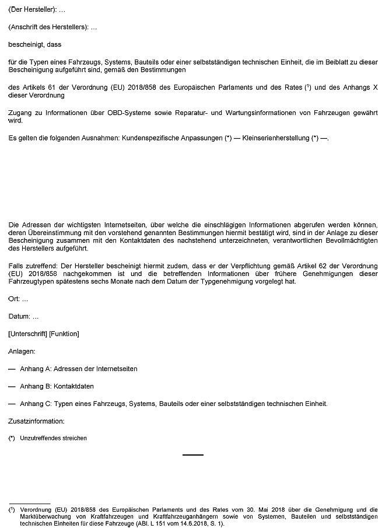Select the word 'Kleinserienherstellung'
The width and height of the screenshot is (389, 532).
pyautogui.click(x=278, y=138)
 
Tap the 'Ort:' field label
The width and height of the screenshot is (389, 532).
pyautogui.click(x=15, y=299)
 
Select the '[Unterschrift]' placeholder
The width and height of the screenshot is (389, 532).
pyautogui.click(x=28, y=334)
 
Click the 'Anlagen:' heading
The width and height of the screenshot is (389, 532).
pyautogui.click(x=22, y=351)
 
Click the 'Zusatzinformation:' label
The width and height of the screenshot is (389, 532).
pyautogui.click(x=36, y=421)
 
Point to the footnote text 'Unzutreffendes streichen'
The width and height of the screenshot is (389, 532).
pyautogui.click(x=53, y=438)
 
